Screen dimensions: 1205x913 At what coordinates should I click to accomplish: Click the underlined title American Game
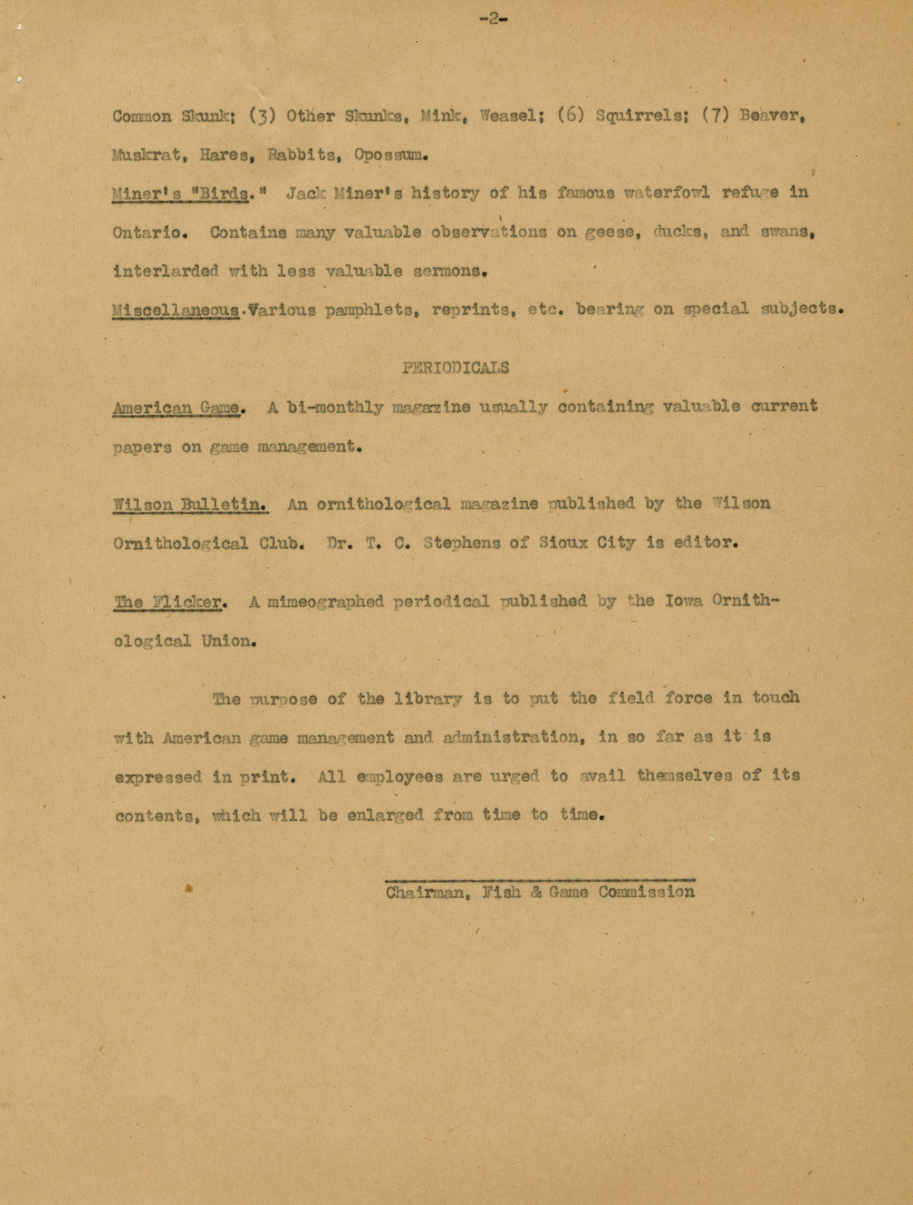[x=176, y=407]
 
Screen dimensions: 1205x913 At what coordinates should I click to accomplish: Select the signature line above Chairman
[x=539, y=879]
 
